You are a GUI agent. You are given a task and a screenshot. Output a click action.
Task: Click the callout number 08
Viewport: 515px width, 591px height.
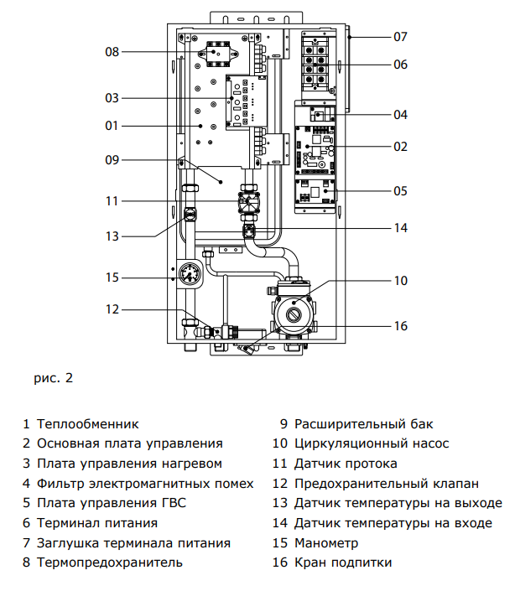pos(112,52)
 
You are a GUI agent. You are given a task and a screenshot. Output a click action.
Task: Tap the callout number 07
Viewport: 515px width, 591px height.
pos(400,37)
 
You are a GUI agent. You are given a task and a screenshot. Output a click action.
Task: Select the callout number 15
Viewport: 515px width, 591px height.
pos(112,277)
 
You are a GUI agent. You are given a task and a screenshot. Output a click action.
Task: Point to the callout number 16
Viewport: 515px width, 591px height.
pos(401,325)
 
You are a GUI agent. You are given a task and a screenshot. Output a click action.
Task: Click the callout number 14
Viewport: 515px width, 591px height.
pos(401,228)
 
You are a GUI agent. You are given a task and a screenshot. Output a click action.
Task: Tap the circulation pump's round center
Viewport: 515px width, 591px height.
pos(294,314)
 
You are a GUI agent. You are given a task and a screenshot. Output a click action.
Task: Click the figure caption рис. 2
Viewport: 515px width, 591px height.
pos(53,378)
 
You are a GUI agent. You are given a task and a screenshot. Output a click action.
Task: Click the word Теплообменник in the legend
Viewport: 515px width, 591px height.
pos(87,424)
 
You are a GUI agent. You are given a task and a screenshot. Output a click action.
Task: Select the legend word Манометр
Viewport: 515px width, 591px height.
pos(326,543)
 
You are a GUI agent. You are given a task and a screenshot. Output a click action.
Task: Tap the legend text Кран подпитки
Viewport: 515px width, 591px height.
pos(343,562)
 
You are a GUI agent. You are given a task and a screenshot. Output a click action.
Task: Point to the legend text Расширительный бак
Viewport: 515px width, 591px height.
pos(364,424)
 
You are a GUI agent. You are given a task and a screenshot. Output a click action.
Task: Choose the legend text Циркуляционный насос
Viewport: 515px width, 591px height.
pos(372,443)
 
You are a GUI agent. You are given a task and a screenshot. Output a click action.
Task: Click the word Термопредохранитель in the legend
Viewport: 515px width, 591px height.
pos(110,562)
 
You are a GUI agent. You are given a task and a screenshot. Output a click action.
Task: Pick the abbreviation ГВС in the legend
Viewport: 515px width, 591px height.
pos(174,503)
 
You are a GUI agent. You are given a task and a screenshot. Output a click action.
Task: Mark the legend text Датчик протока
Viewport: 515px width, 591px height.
pos(346,464)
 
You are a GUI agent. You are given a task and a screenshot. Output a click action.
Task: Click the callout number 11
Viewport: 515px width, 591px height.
pos(112,201)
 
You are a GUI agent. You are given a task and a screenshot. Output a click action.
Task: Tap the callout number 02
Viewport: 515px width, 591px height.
pos(400,147)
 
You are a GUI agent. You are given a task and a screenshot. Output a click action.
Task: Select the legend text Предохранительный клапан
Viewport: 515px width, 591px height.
pos(387,484)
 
